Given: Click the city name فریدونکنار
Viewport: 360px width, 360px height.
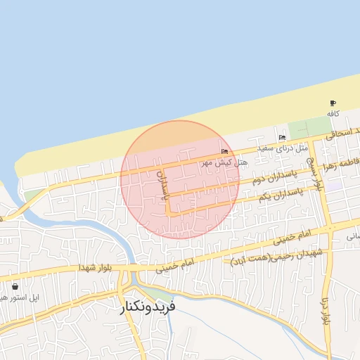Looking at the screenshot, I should point(148,307).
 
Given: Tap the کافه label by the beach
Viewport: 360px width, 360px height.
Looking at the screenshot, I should point(333,112).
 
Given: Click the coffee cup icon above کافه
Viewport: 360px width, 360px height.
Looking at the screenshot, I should point(333,103).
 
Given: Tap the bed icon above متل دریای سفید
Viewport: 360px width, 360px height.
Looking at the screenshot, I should point(282,137).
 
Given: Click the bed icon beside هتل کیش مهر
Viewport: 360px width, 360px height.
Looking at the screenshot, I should point(224,151).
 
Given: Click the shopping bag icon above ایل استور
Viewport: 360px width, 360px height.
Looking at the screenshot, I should point(15,287).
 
